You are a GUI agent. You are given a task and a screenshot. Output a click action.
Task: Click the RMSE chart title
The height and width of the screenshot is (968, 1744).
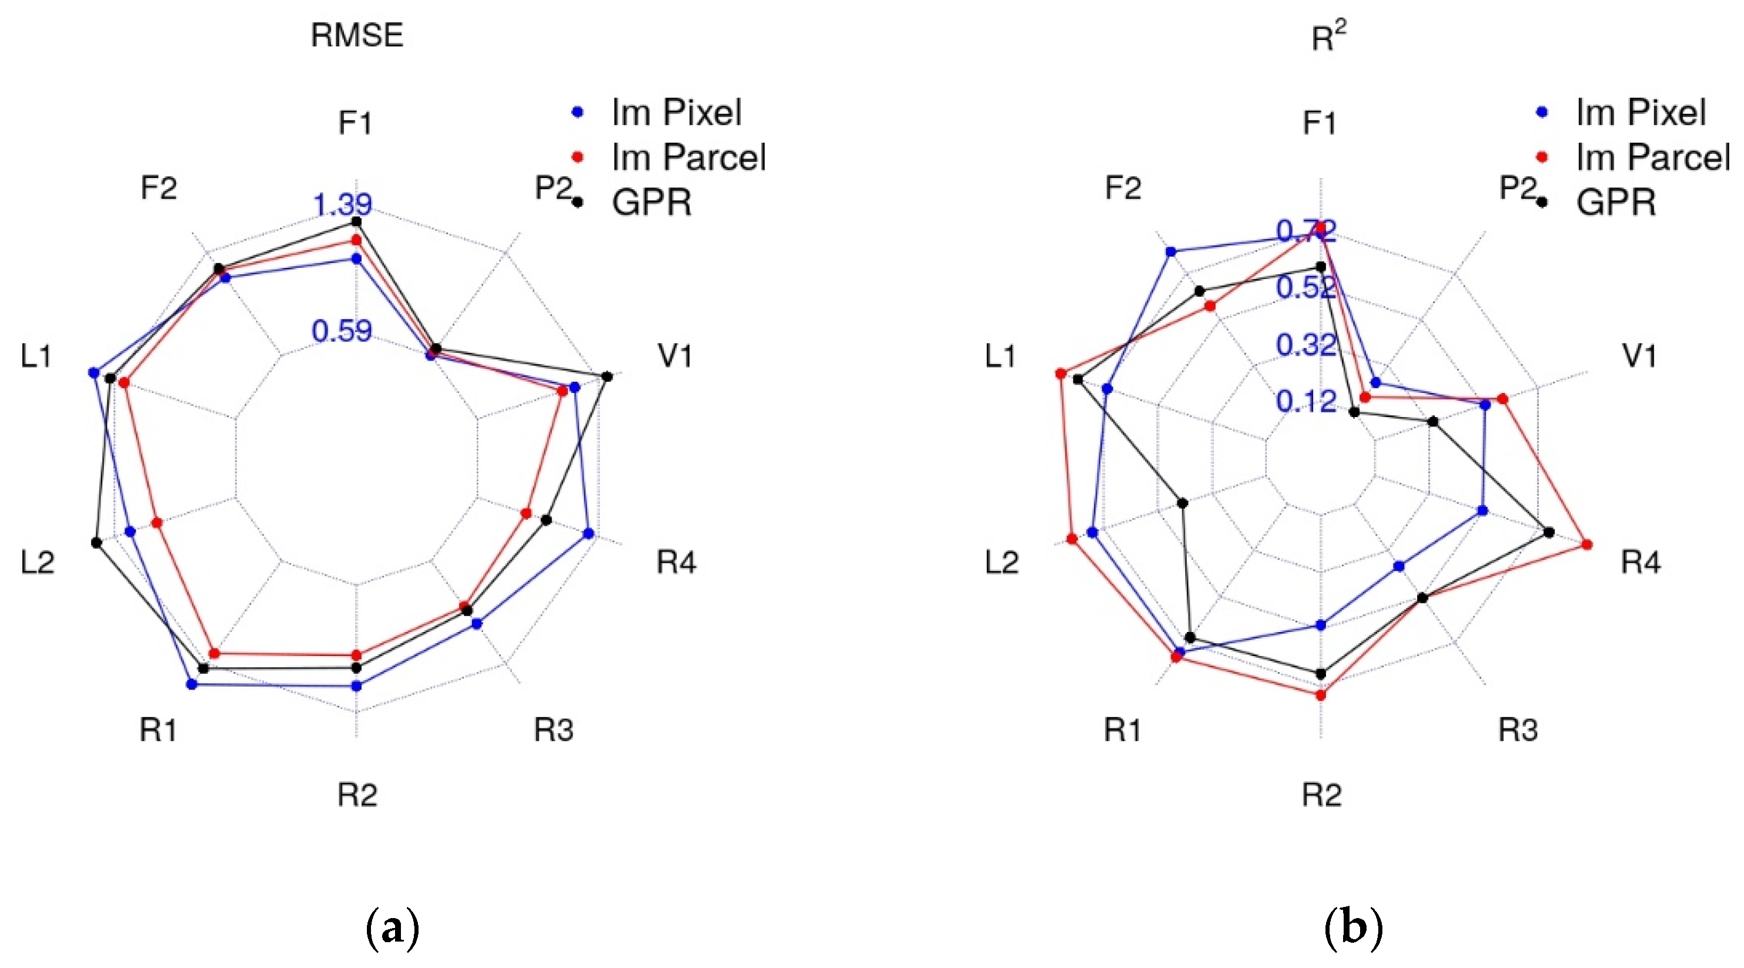(357, 35)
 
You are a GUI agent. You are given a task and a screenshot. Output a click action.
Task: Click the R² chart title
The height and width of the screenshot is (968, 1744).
(1328, 36)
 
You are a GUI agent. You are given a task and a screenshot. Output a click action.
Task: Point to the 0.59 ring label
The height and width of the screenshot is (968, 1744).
(341, 331)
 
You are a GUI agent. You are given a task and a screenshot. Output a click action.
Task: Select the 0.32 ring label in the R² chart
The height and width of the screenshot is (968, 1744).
(1306, 345)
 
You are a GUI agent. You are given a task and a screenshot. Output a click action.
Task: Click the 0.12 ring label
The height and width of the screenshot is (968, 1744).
(1306, 402)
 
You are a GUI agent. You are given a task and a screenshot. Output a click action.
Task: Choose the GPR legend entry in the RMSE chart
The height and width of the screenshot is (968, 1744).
(650, 203)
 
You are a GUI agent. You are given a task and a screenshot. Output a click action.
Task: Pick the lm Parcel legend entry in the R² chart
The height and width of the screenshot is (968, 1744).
(1652, 158)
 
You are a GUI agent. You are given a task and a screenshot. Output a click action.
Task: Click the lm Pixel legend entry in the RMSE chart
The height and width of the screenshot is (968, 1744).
(676, 112)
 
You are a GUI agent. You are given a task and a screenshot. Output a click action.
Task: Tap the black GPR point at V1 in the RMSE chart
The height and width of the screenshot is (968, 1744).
(608, 377)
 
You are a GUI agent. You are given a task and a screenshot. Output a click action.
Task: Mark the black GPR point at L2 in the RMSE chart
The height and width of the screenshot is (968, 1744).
(96, 543)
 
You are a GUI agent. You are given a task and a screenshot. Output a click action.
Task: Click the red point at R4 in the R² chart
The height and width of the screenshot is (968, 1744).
(1588, 544)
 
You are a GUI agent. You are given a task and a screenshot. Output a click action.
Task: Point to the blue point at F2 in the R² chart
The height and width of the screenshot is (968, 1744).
(1170, 252)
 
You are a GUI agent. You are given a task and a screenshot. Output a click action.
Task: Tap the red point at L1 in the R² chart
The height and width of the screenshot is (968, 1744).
(1060, 373)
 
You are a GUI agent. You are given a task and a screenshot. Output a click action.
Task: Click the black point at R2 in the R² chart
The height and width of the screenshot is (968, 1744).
(1321, 674)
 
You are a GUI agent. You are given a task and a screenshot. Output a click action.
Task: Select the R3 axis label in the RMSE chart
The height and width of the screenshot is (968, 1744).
(554, 730)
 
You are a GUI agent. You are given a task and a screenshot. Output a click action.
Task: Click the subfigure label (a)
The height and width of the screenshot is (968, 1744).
(392, 928)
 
